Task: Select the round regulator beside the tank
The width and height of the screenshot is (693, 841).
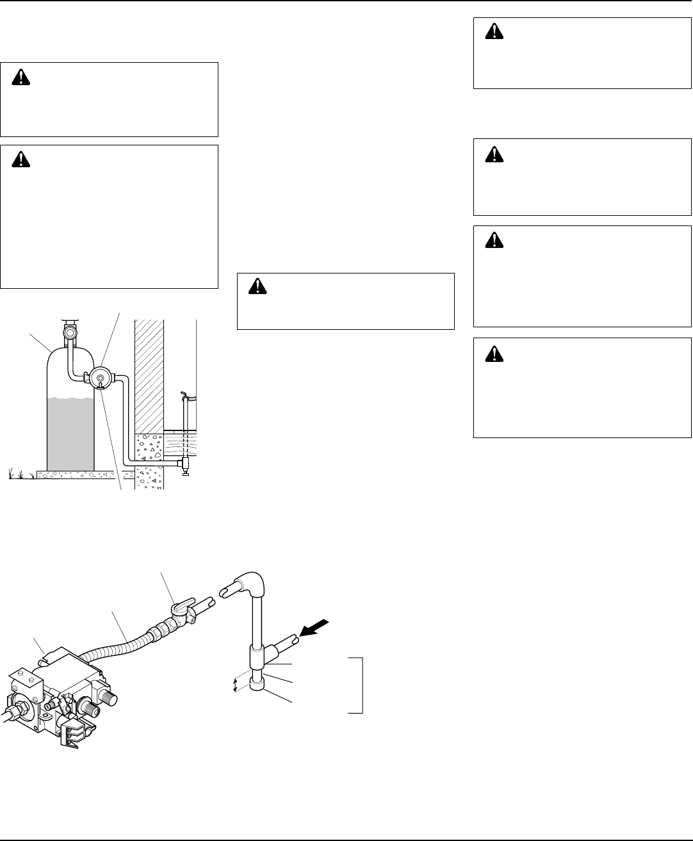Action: pyautogui.click(x=101, y=377)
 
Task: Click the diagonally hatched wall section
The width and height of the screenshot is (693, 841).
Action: pyautogui.click(x=149, y=375)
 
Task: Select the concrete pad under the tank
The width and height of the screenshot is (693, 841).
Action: pyautogui.click(x=76, y=475)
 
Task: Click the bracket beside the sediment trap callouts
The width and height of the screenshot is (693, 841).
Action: pyautogui.click(x=361, y=684)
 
